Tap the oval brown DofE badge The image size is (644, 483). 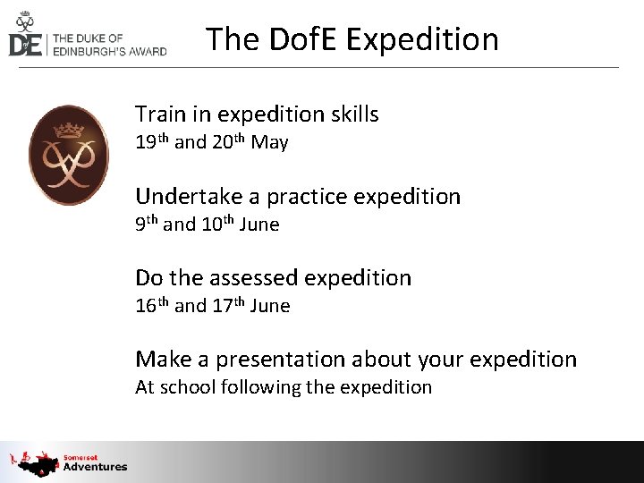(69, 155)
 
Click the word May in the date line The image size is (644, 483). (269, 142)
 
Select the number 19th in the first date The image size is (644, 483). (151, 141)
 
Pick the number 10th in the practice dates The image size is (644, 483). (217, 224)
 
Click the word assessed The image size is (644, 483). (255, 278)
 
